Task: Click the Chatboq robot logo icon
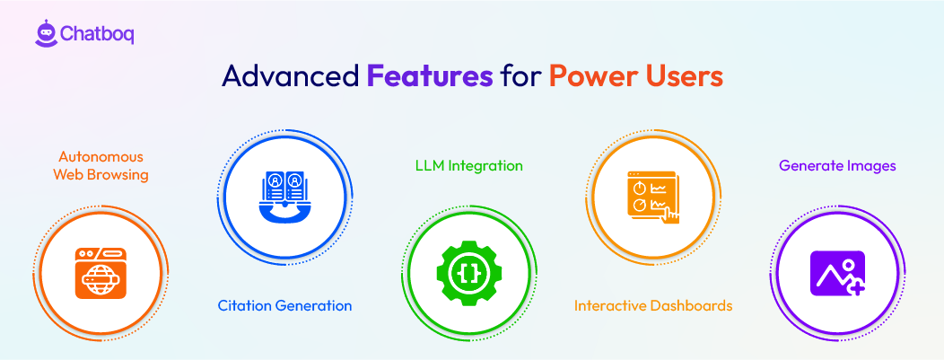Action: click(x=46, y=33)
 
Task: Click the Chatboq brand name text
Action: click(x=97, y=34)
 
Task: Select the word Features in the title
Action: click(x=429, y=76)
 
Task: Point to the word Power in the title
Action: click(x=593, y=76)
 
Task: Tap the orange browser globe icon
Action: click(x=99, y=273)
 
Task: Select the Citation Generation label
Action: click(x=284, y=305)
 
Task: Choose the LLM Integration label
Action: click(x=468, y=166)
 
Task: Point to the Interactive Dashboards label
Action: click(x=653, y=305)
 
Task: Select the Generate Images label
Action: click(x=837, y=166)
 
